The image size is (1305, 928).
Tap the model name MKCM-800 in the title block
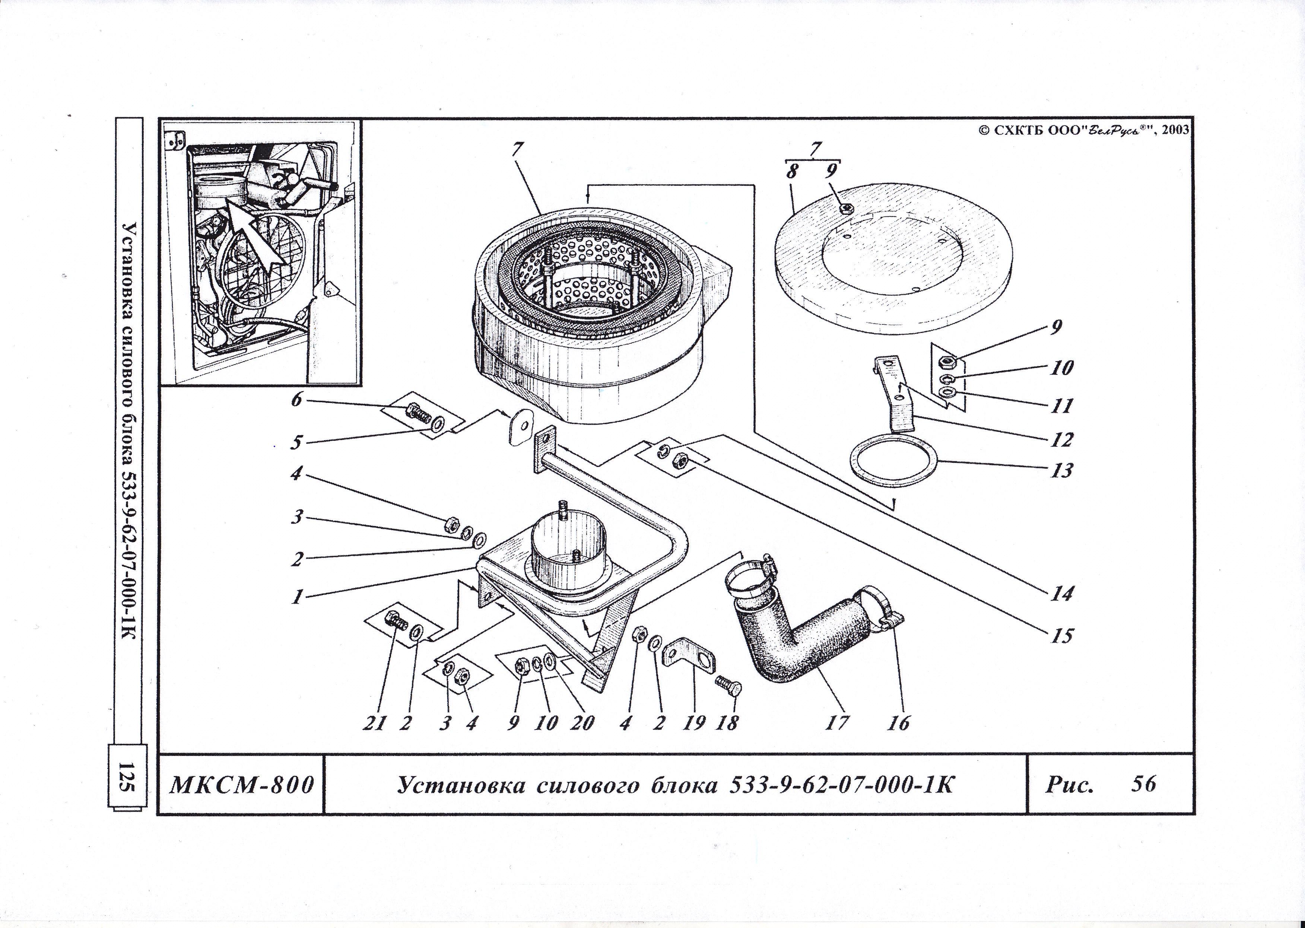tap(242, 785)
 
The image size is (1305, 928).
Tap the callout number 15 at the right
tap(1061, 635)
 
